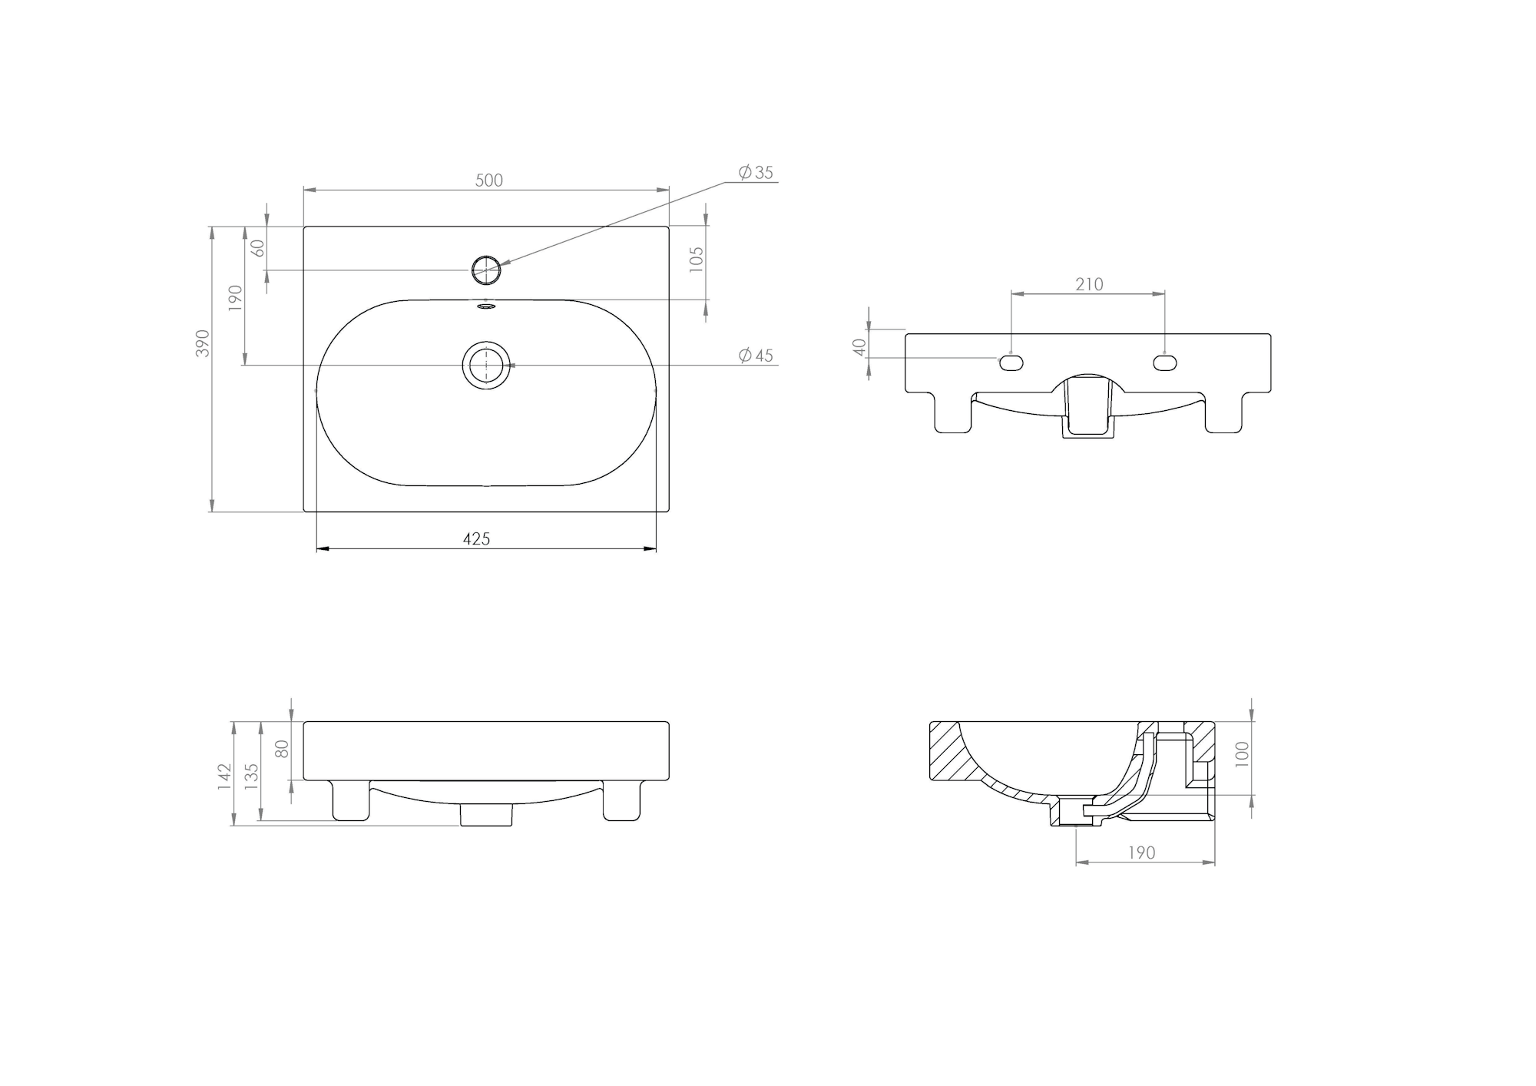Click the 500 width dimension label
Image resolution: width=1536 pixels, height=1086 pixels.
[489, 180]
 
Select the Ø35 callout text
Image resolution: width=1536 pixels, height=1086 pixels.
[756, 173]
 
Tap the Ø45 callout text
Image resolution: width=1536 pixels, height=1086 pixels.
[756, 356]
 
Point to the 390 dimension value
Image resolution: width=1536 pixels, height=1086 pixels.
[203, 343]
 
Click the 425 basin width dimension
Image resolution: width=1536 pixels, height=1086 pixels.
[476, 539]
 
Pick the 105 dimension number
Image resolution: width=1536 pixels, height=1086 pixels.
[697, 260]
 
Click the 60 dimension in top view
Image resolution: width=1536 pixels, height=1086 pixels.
[258, 248]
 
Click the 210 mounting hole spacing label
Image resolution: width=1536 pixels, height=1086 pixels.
[1089, 285]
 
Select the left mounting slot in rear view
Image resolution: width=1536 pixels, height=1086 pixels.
[1011, 360]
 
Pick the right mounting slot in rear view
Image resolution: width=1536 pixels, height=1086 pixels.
[1165, 360]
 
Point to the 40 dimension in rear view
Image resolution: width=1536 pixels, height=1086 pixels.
[859, 347]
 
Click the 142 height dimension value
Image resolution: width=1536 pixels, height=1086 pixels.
[223, 776]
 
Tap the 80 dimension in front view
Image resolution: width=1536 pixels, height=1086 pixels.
[283, 749]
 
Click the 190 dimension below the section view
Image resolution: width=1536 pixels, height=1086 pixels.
[1142, 853]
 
